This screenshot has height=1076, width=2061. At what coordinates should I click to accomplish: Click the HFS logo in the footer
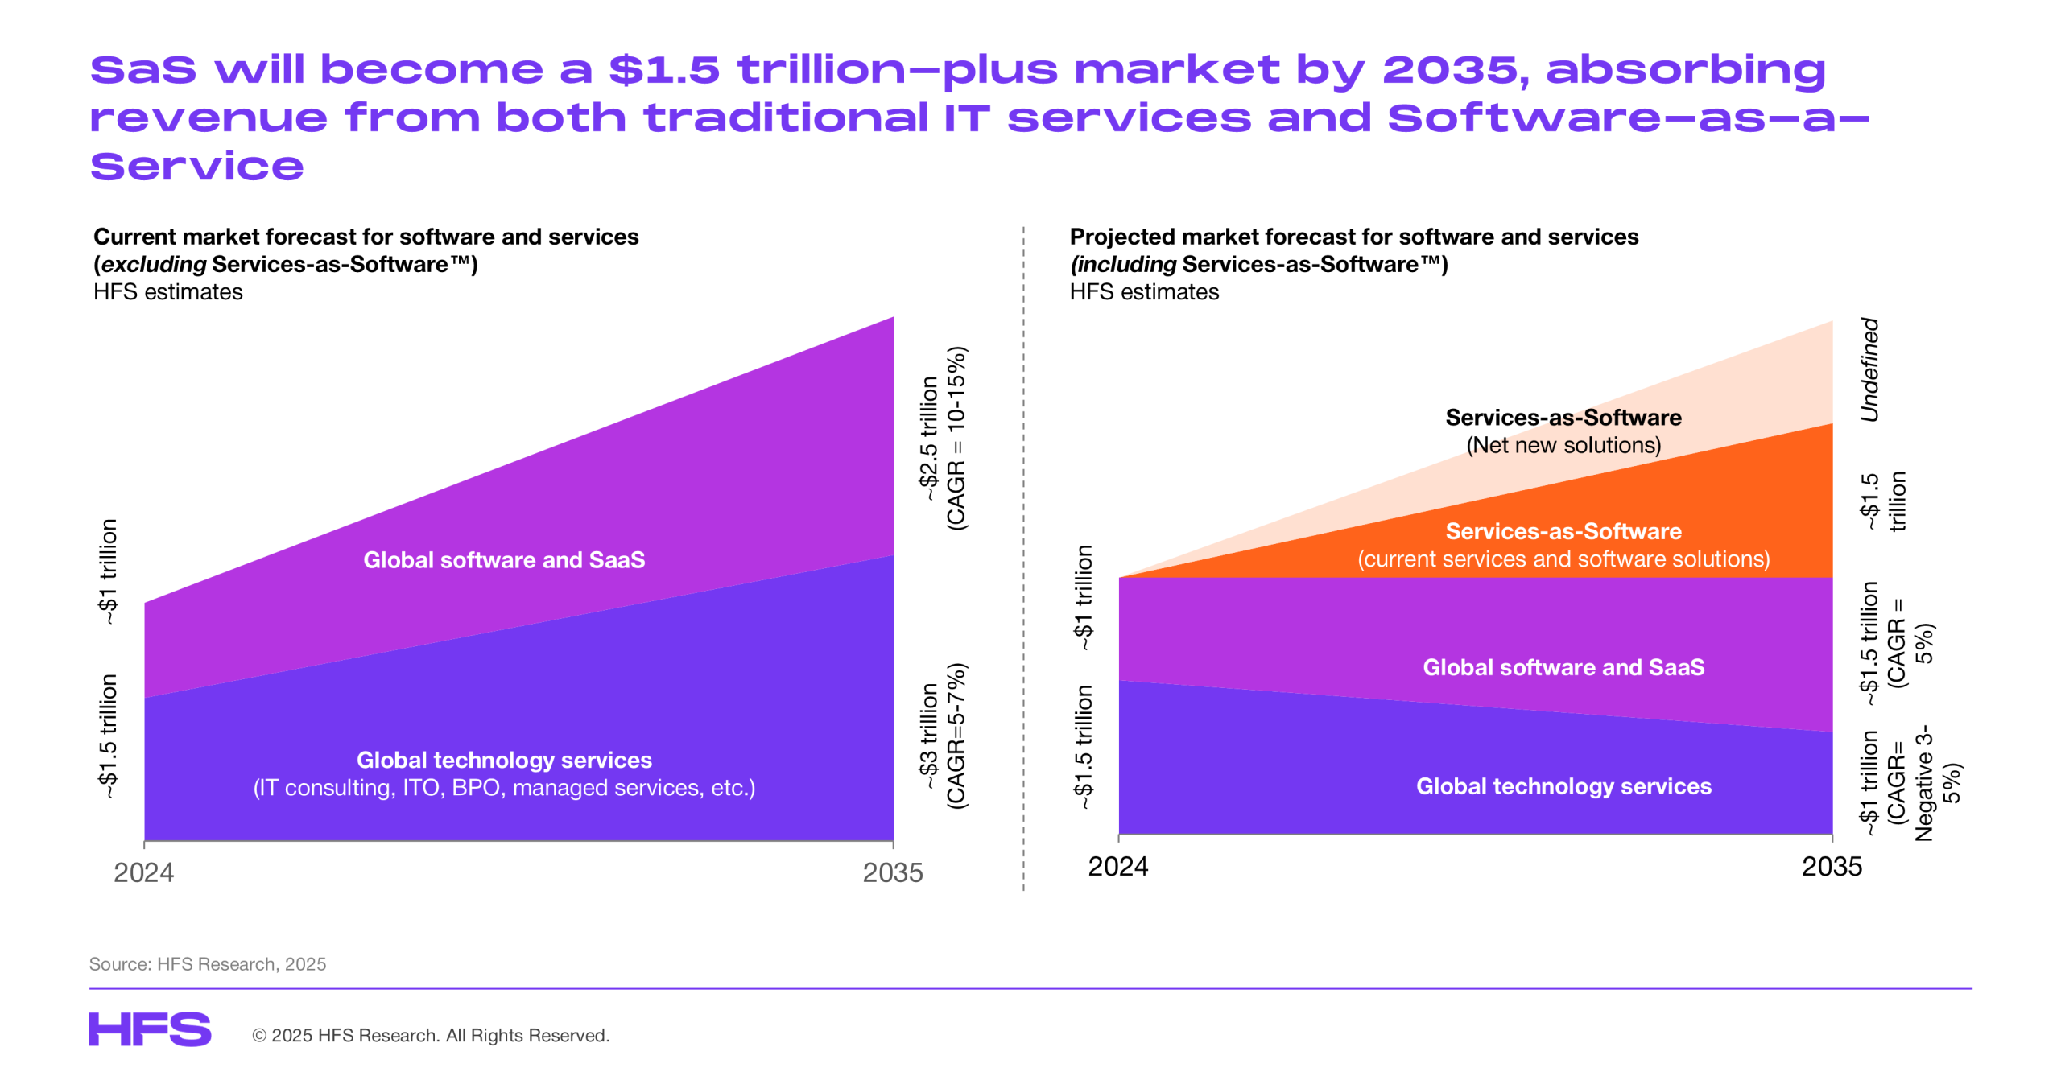[x=150, y=1029]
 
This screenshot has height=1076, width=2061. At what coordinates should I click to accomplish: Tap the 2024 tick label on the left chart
[x=143, y=872]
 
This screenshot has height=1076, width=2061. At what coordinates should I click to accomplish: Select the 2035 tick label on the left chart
[x=892, y=872]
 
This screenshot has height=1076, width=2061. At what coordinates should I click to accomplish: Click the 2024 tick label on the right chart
[x=1117, y=866]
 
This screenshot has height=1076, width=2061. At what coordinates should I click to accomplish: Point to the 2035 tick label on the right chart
[x=1832, y=866]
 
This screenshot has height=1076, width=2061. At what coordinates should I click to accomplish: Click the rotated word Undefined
[x=1869, y=369]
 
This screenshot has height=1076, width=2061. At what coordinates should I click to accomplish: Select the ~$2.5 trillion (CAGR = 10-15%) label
[x=943, y=439]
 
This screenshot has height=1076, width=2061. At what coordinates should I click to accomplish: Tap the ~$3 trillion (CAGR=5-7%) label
[x=943, y=736]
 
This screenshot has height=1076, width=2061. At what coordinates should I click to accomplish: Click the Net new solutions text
[x=1563, y=445]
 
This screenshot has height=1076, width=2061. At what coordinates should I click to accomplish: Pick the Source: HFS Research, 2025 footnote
[x=208, y=963]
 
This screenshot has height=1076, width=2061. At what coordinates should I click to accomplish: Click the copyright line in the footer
[x=431, y=1035]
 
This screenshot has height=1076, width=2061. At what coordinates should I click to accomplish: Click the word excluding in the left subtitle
[x=154, y=264]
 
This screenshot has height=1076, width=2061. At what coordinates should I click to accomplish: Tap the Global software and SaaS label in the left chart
[x=504, y=559]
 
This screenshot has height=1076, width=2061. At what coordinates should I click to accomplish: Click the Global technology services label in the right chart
[x=1563, y=785]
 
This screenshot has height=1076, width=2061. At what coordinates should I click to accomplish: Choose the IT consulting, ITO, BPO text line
[x=504, y=787]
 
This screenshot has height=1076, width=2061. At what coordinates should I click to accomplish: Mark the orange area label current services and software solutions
[x=1563, y=559]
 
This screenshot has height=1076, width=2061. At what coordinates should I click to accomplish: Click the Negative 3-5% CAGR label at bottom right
[x=1923, y=784]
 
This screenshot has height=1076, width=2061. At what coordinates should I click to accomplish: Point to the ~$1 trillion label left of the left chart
[x=108, y=571]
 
